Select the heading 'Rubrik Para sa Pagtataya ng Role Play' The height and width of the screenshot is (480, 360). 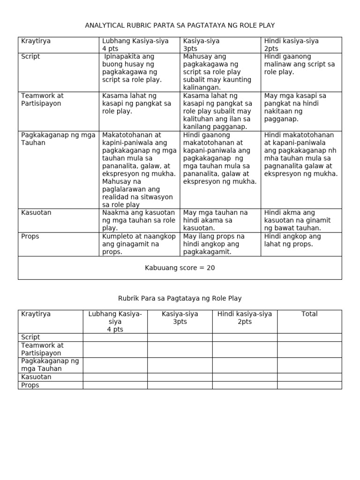[180, 298]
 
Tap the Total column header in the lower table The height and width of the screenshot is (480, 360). [309, 314]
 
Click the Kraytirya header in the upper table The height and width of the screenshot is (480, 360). [36, 41]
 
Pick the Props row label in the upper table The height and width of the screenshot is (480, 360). [30, 236]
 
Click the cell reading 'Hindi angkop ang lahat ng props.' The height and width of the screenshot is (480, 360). [292, 240]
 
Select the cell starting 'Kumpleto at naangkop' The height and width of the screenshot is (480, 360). [138, 244]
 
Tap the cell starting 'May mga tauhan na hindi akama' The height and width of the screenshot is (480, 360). [215, 220]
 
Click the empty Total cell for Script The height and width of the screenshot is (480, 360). [309, 337]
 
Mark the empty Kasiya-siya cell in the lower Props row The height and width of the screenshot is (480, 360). [180, 385]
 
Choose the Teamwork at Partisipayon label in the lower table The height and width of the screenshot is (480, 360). [42, 349]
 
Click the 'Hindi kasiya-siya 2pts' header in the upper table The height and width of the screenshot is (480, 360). [291, 45]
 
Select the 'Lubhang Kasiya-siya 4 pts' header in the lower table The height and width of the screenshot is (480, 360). [115, 322]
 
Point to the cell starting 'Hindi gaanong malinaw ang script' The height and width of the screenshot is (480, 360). [300, 64]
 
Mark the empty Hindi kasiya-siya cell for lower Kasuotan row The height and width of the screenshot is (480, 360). [244, 377]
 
